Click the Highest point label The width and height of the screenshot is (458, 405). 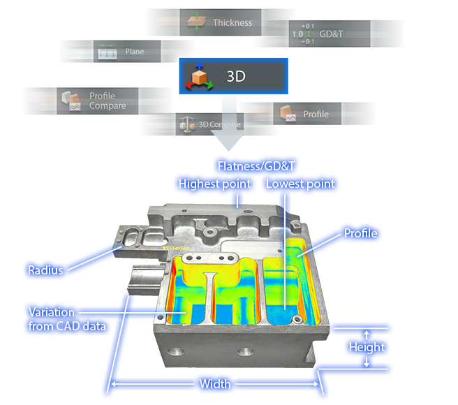pyautogui.click(x=213, y=184)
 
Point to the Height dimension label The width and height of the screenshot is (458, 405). pyautogui.click(x=367, y=347)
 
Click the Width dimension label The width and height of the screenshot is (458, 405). pyautogui.click(x=215, y=384)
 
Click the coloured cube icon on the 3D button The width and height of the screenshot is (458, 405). pyautogui.click(x=199, y=77)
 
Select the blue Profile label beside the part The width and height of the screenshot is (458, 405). pyautogui.click(x=360, y=233)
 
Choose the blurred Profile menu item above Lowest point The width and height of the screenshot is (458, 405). pyautogui.click(x=314, y=114)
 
